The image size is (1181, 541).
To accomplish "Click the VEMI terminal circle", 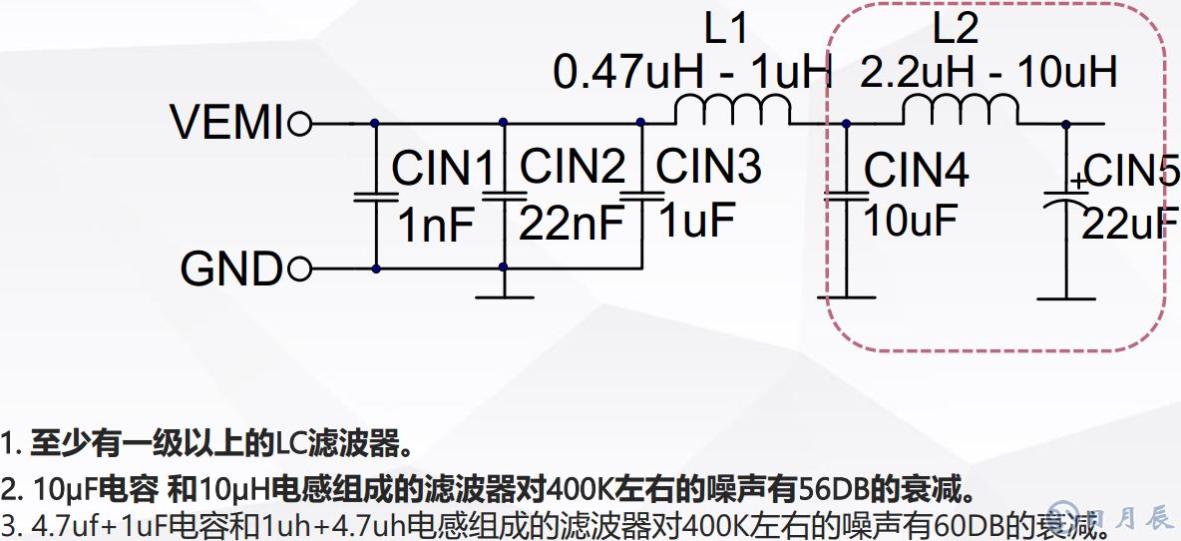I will tap(299, 124).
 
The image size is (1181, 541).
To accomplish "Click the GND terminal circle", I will tap(299, 270).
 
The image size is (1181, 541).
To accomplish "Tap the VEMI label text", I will tap(227, 123).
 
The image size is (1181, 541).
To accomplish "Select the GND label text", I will tap(231, 270).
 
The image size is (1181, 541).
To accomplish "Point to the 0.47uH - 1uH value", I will tap(692, 73).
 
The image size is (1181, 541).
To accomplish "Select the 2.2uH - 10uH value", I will tap(988, 73).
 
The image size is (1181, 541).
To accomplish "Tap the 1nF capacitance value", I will tap(436, 227).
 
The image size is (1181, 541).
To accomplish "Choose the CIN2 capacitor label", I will tap(573, 167).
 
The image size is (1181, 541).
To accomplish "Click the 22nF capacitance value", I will tap(571, 225).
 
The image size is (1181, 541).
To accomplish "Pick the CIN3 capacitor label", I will tap(708, 166).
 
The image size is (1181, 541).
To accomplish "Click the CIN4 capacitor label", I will tap(916, 171).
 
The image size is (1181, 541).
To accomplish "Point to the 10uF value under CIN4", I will tap(910, 221).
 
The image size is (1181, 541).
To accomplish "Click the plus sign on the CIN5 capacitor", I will tap(1077, 182).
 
